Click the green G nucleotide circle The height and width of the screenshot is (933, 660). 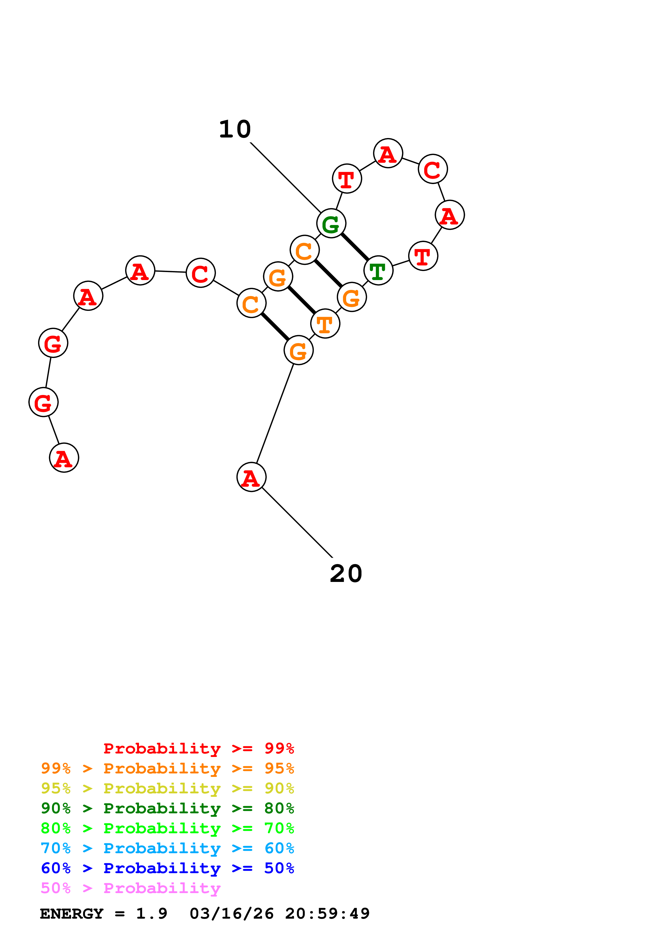(x=331, y=223)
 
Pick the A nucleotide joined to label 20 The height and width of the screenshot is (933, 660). (x=251, y=477)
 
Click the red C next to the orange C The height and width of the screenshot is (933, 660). (x=200, y=273)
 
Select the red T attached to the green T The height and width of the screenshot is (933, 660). (x=423, y=256)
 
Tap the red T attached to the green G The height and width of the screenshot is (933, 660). (x=347, y=178)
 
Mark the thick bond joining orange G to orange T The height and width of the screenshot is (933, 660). (x=301, y=300)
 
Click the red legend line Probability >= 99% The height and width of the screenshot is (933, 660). (x=198, y=748)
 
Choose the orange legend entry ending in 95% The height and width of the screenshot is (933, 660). (x=167, y=768)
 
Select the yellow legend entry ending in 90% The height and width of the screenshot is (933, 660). (x=167, y=788)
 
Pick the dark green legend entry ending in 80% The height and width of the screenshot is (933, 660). (x=167, y=808)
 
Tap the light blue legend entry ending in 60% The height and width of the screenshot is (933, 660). (x=167, y=848)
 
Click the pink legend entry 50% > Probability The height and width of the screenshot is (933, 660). (x=130, y=888)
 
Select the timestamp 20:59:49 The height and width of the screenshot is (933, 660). (x=327, y=914)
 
